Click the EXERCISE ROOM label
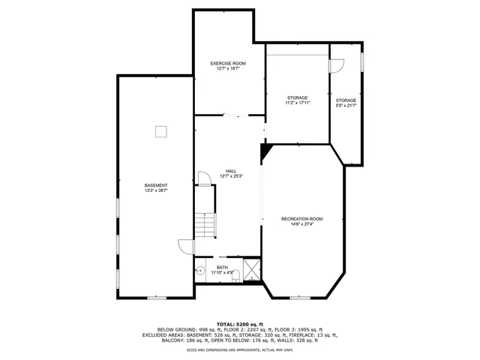point(228,63)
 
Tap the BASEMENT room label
point(156,185)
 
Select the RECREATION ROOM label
point(302,218)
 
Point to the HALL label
point(231,171)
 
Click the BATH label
point(223,268)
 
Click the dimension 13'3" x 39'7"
point(156,190)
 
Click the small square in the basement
point(160,132)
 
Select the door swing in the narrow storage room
point(337,66)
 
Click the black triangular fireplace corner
point(265,151)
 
